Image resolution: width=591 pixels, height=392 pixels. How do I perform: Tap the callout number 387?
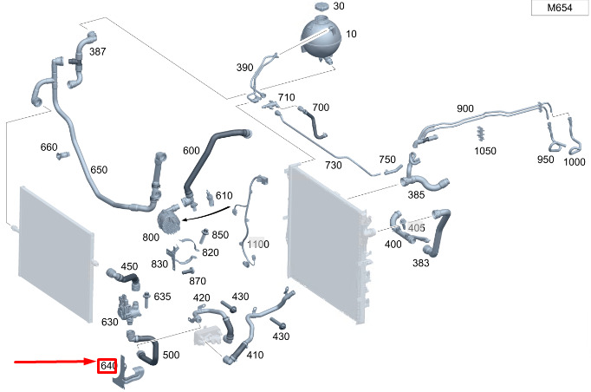tap(98, 52)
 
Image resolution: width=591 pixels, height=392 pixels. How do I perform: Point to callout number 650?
tap(99, 170)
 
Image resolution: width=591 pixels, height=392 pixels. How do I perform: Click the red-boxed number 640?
tap(107, 366)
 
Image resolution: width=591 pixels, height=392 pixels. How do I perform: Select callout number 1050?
tap(485, 151)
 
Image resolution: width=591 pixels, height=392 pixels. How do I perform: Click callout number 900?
tap(465, 108)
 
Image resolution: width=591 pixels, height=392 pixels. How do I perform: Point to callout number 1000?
tap(574, 162)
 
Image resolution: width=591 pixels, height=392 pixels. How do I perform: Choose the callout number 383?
tap(421, 262)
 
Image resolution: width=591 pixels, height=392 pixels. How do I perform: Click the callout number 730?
tap(334, 165)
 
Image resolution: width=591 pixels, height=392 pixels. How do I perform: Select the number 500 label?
tap(171, 356)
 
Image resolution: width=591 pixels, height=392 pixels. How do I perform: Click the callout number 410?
tap(255, 355)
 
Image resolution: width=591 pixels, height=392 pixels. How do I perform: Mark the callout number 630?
tap(109, 322)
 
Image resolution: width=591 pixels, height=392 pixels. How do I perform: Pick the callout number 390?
tap(244, 68)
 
